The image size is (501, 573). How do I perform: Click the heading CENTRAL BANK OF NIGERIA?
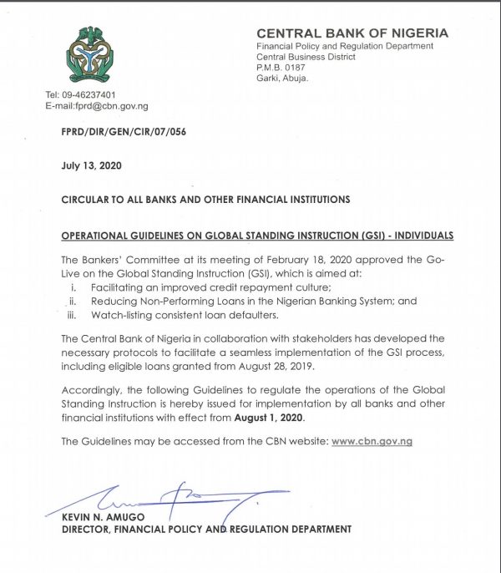pos(352,33)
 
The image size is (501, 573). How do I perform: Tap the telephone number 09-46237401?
pos(92,95)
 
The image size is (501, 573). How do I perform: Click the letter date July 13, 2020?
pos(91,165)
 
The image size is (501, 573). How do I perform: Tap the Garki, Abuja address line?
pos(282,79)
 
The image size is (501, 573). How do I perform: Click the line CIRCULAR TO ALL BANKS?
pos(205,200)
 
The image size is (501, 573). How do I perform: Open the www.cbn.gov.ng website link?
pos(372,441)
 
